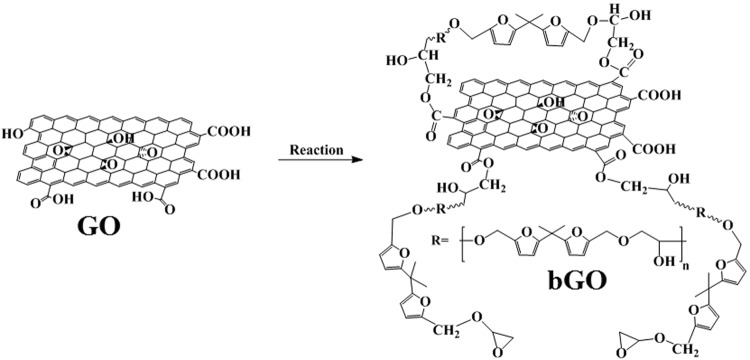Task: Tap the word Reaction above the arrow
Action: click(x=317, y=151)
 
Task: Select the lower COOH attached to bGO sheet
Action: click(x=651, y=150)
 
